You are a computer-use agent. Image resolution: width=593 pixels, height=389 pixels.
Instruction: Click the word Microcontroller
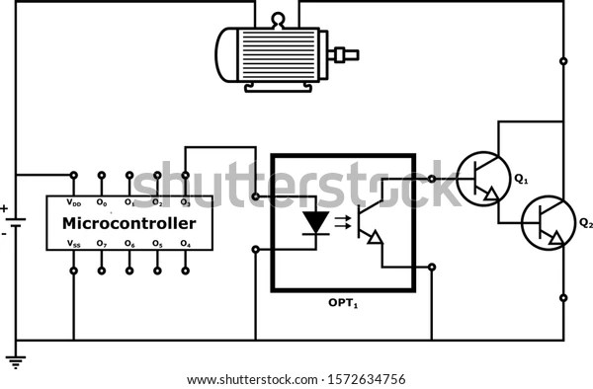130,223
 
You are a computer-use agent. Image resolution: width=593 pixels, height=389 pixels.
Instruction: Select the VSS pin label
74,243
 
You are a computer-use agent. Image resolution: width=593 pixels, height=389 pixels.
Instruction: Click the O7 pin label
102,243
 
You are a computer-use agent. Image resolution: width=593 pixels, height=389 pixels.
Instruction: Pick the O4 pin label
185,243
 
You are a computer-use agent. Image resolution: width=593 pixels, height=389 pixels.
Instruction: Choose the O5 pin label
157,243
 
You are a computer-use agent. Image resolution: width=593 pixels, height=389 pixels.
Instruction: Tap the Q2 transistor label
585,222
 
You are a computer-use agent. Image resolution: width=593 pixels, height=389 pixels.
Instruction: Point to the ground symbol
15,360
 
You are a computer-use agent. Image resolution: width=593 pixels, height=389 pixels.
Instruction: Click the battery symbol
16,221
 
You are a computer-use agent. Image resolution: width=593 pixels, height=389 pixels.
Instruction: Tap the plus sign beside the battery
4,208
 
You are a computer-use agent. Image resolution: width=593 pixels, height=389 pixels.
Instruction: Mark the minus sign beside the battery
4,234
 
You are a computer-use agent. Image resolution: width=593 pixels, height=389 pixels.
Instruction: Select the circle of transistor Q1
481,179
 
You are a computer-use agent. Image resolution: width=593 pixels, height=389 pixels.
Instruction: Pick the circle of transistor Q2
546,222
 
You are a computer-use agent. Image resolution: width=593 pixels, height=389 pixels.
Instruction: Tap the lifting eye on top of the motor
278,17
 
